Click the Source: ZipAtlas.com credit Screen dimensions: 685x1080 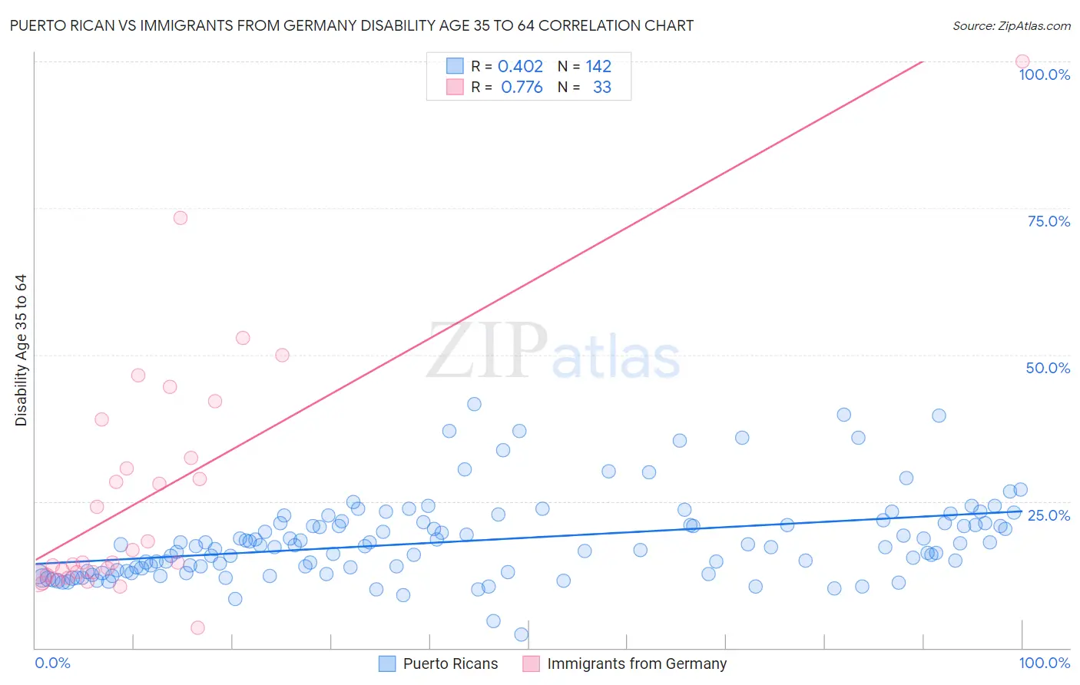point(1011,25)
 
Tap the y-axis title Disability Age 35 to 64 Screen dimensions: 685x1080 point(21,350)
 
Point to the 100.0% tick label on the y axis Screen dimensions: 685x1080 point(1044,74)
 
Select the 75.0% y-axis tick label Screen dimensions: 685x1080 point(1049,221)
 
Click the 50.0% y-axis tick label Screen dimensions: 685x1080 point(1048,368)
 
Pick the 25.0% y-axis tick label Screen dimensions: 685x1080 point(1049,515)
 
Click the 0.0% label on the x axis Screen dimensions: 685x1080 point(52,663)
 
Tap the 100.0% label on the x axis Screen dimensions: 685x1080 point(1044,663)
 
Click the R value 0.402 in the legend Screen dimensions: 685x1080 point(520,66)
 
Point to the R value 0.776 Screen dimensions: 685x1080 point(522,87)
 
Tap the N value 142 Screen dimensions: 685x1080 point(598,66)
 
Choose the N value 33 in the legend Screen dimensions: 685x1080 point(602,87)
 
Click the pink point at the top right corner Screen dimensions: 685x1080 point(1022,61)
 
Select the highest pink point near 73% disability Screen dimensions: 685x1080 point(181,218)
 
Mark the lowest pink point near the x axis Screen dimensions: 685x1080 point(197,627)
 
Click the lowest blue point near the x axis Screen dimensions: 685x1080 point(522,634)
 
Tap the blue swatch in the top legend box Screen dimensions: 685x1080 point(455,66)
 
